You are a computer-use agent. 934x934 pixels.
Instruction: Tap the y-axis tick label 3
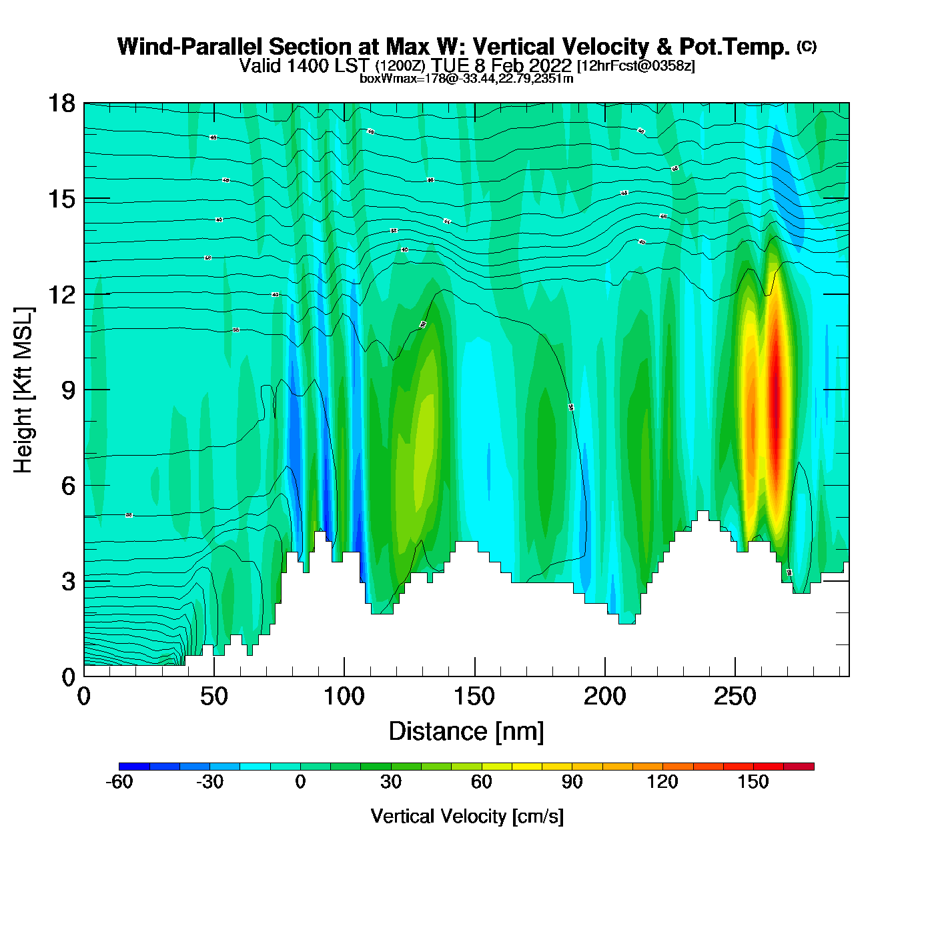pyautogui.click(x=68, y=582)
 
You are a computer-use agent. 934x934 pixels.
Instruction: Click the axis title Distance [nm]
pyautogui.click(x=466, y=731)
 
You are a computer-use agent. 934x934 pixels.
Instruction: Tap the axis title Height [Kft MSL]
pyautogui.click(x=23, y=390)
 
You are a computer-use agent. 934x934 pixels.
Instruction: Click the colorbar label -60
pyautogui.click(x=119, y=782)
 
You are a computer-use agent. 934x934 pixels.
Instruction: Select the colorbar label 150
pyautogui.click(x=753, y=782)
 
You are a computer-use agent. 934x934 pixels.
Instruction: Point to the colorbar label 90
pyautogui.click(x=572, y=782)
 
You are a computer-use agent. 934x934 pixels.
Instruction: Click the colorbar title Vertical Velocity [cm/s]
pyautogui.click(x=467, y=816)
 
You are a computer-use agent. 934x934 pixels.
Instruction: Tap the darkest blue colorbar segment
pyautogui.click(x=134, y=767)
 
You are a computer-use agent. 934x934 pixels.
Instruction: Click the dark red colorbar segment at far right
pyautogui.click(x=799, y=767)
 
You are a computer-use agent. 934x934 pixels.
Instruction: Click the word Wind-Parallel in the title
pyautogui.click(x=191, y=47)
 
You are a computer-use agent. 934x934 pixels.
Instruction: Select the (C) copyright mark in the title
pyautogui.click(x=807, y=46)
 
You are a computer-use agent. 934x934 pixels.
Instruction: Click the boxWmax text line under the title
pyautogui.click(x=466, y=78)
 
